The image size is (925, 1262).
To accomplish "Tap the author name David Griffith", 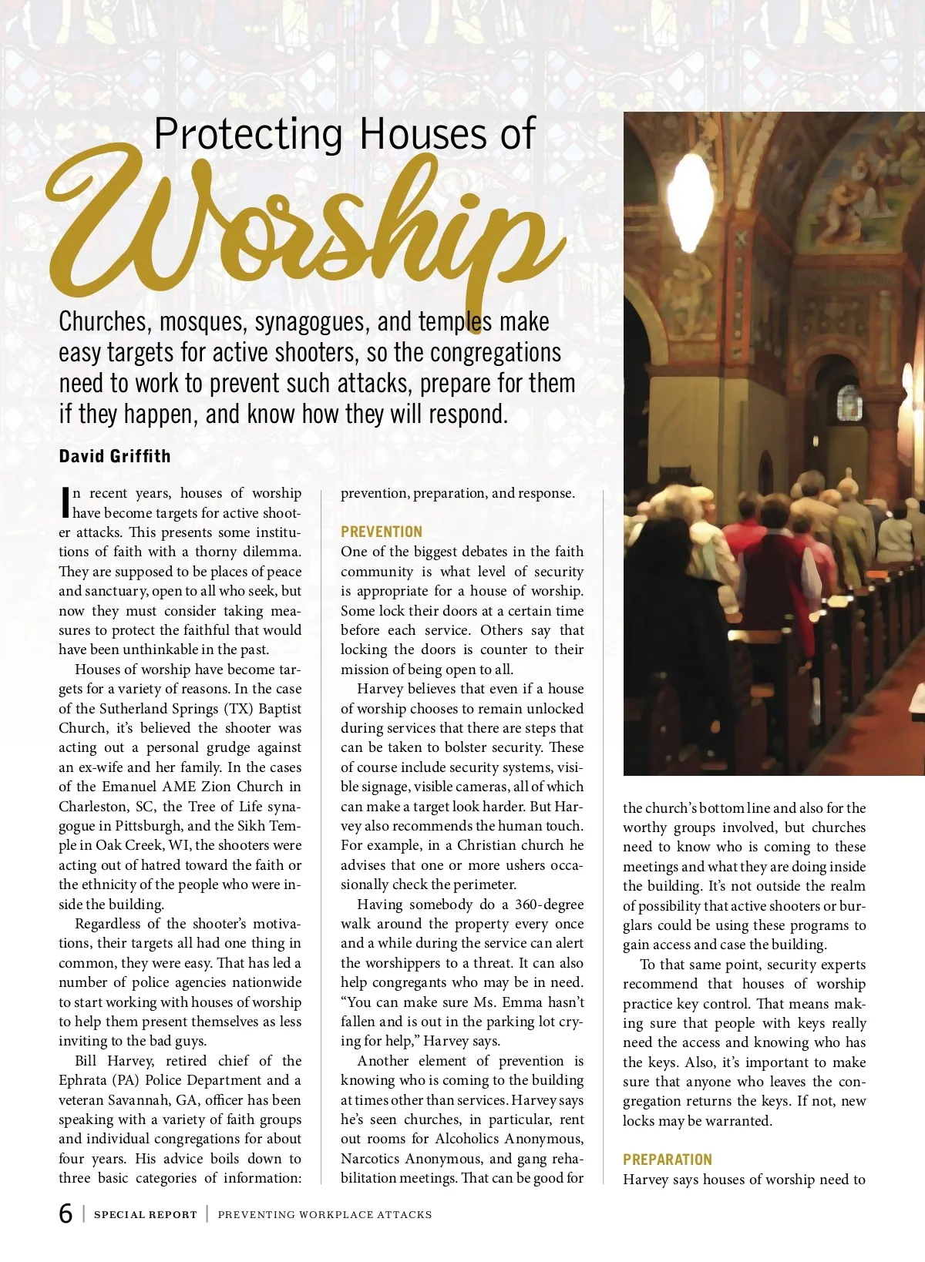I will pyautogui.click(x=115, y=456).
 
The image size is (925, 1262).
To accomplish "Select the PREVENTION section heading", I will pyautogui.click(x=382, y=532).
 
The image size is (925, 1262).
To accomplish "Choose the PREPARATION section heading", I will pyautogui.click(x=668, y=1160).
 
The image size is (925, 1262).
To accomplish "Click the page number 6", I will pyautogui.click(x=66, y=1213).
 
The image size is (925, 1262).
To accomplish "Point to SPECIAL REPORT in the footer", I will pyautogui.click(x=145, y=1214).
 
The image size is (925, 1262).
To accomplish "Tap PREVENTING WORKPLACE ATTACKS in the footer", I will pyautogui.click(x=325, y=1214).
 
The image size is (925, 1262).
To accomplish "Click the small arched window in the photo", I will pyautogui.click(x=849, y=403).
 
